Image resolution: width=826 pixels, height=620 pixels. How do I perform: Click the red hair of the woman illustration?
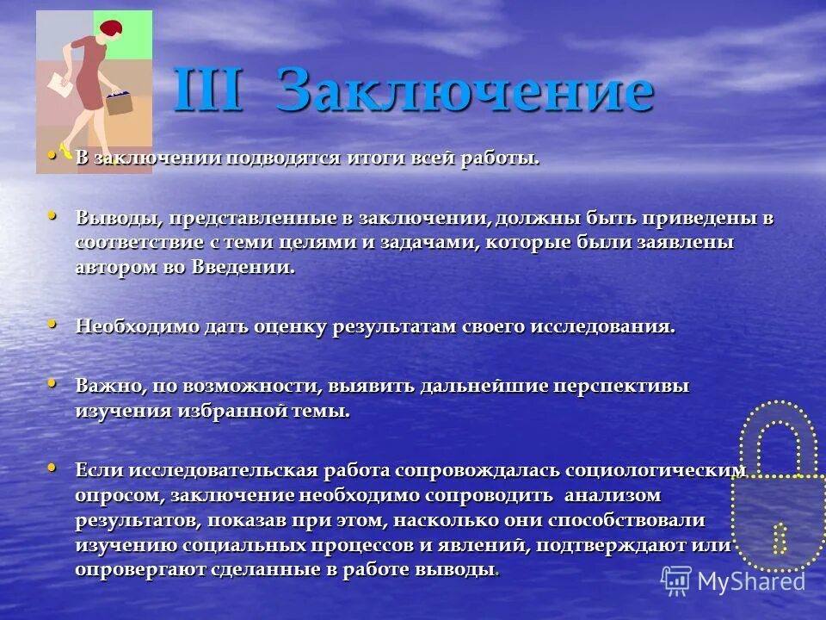111,30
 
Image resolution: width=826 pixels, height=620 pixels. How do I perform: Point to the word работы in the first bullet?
512,158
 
